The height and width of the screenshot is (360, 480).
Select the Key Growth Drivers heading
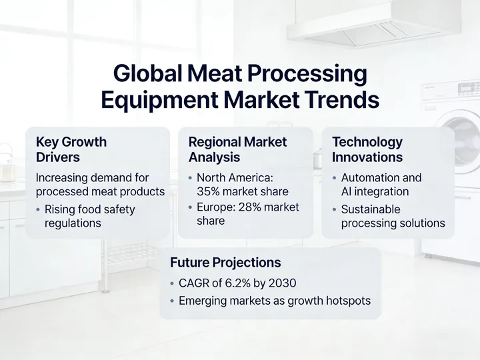71,150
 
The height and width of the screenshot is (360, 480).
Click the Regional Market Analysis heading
237,150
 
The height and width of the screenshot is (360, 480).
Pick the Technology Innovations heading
367,150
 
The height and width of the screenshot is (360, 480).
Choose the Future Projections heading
225,263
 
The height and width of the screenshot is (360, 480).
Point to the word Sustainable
371,209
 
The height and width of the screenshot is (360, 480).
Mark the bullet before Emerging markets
172,301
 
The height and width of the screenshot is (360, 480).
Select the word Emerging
203,301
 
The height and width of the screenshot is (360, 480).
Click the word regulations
73,223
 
